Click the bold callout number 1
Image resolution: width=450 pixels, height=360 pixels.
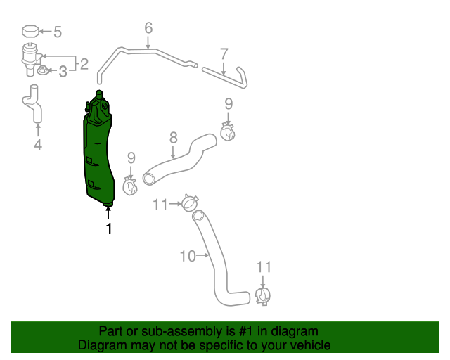[x=109, y=229]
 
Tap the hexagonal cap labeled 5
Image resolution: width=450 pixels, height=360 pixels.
[x=31, y=32]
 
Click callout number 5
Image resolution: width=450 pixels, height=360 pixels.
[x=58, y=32]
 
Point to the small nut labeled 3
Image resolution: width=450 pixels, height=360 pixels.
[x=42, y=70]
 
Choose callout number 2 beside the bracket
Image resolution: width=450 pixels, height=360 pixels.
[x=84, y=64]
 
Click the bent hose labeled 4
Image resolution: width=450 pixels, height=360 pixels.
[x=33, y=103]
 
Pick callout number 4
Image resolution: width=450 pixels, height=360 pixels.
[x=38, y=144]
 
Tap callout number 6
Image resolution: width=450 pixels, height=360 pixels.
[x=148, y=28]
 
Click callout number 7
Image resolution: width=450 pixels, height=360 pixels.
[x=224, y=53]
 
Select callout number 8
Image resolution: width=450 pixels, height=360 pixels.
[x=174, y=138]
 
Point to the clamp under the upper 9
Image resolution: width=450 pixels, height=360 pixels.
[x=228, y=131]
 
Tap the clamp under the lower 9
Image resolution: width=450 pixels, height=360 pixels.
[x=130, y=186]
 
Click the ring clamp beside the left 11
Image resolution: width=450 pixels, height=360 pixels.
[x=190, y=202]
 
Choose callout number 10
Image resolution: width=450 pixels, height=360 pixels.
[x=188, y=256]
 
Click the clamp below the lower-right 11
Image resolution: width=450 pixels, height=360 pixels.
[x=263, y=296]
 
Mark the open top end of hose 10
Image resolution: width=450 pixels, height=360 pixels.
[x=198, y=216]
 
